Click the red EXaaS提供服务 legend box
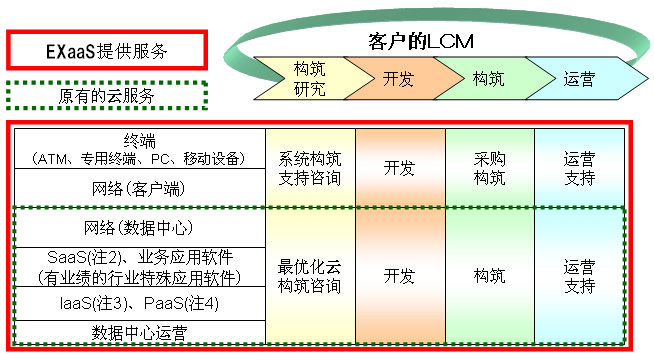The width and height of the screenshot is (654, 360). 106,48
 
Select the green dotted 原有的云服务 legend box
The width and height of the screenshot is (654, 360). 106,97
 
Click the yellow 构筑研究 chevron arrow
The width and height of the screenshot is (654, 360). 308,78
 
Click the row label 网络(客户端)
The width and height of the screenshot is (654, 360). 140,187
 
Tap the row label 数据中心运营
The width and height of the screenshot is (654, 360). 140,331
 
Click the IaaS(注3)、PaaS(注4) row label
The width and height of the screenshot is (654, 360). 140,302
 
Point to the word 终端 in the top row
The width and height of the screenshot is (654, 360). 140,139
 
